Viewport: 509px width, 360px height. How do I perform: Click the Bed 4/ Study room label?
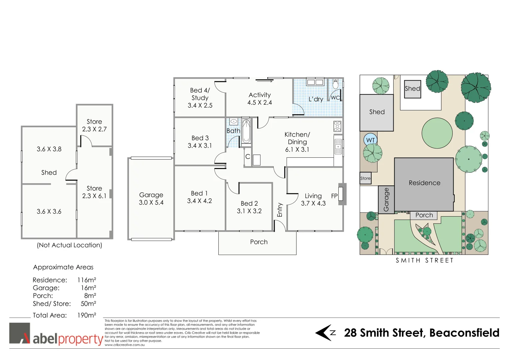coord(200,98)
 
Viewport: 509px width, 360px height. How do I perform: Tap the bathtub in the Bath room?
coord(246,131)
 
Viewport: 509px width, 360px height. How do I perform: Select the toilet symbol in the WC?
coord(335,84)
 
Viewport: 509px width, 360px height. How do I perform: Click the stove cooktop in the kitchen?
coord(337,126)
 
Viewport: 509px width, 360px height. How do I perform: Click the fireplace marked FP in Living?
coord(341,194)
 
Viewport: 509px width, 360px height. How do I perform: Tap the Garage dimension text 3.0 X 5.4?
coord(151,203)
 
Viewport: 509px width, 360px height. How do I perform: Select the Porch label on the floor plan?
coord(259,242)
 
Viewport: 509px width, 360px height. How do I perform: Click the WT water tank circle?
coord(370,140)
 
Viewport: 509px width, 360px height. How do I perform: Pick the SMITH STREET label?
coord(424,261)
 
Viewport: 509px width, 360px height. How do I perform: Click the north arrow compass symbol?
coord(325,333)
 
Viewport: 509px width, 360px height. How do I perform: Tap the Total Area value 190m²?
coord(87,315)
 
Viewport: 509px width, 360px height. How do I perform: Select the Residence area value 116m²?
coord(87,280)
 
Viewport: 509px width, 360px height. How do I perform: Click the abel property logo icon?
coord(19,333)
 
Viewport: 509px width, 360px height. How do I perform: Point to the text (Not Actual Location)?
coord(69,245)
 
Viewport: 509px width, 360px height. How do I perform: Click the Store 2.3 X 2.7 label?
coord(94,126)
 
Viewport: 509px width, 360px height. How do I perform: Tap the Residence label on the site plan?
coord(424,183)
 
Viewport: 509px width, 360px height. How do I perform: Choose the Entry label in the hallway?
coord(280,210)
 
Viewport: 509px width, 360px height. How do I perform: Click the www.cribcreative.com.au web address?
coord(125,345)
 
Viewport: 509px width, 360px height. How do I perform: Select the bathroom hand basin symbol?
coord(234,122)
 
